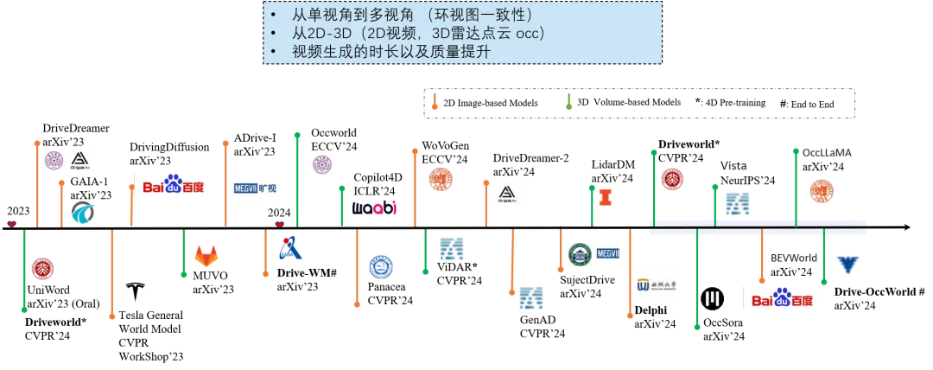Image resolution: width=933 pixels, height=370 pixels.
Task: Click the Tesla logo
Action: pos(134,290)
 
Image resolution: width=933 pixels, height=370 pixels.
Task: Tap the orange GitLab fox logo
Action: pos(206,256)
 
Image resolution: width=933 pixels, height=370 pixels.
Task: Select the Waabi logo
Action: pos(377,207)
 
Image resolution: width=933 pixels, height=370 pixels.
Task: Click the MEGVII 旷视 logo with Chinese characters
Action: pos(255,187)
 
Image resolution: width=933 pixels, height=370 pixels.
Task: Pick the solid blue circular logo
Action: pos(380,266)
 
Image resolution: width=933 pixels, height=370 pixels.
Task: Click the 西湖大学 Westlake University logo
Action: pos(656,284)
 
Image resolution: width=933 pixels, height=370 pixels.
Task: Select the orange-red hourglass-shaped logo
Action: pos(606,196)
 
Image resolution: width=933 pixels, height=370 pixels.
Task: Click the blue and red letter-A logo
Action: pos(289,249)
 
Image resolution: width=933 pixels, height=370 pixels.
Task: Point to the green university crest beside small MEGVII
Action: pos(578,255)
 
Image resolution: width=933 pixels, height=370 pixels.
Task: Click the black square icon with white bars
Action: pos(710,300)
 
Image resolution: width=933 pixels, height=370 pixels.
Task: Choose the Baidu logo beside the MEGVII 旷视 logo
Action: pos(174,187)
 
